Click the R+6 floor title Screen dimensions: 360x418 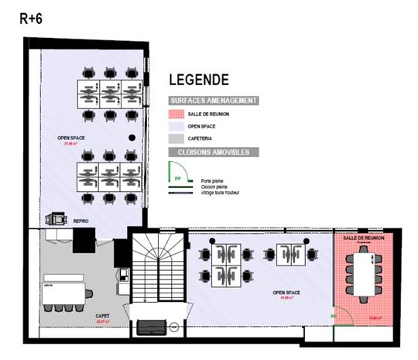pos(32,19)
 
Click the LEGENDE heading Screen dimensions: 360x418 pos(199,80)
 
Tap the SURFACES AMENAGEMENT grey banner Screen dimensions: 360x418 pos(214,101)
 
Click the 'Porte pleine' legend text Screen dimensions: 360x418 pos(212,180)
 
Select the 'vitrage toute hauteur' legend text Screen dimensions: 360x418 pos(221,192)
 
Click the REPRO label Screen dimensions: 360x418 pos(81,221)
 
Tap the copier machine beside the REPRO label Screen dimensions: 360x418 pos(56,220)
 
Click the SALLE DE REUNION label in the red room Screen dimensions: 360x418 pos(366,238)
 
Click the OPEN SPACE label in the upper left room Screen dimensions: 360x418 pos(70,139)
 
